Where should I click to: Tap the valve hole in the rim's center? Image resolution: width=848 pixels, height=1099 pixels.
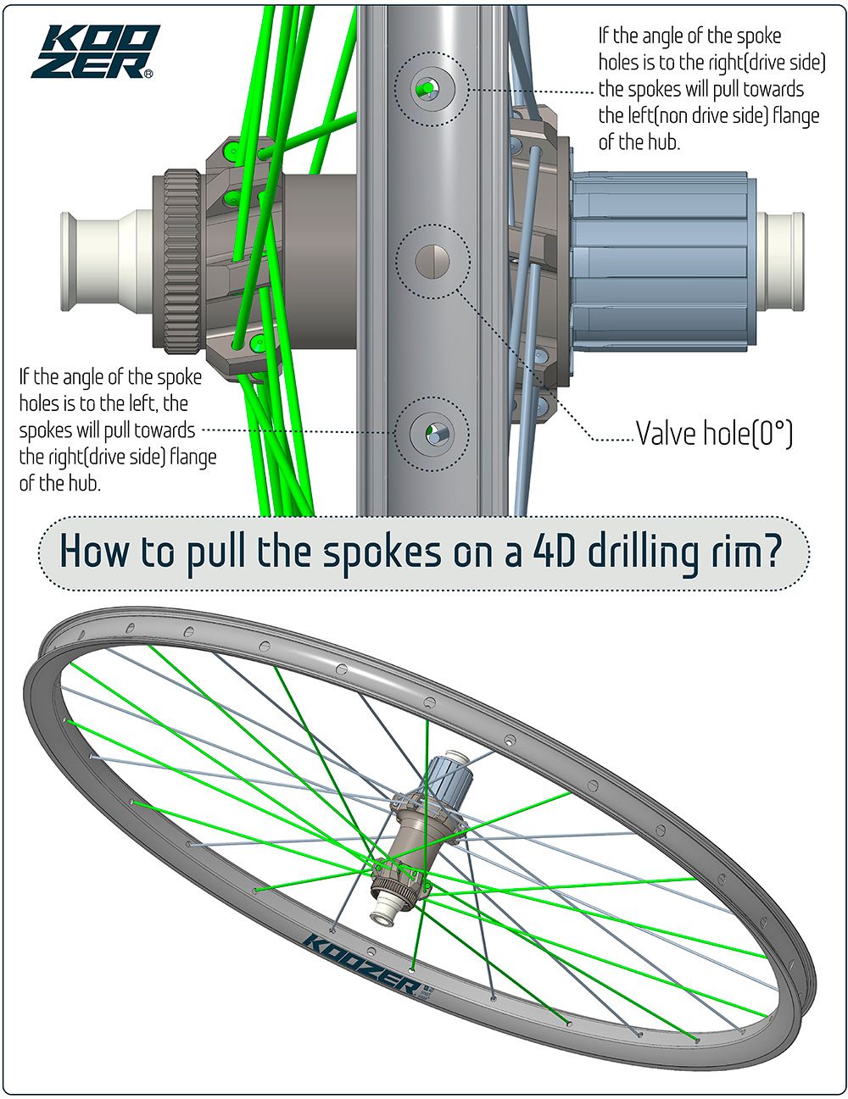click(x=432, y=259)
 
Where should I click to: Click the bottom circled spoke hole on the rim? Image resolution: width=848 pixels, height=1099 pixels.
click(x=432, y=433)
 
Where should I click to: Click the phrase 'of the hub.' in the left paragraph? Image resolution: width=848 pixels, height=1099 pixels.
click(x=53, y=483)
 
